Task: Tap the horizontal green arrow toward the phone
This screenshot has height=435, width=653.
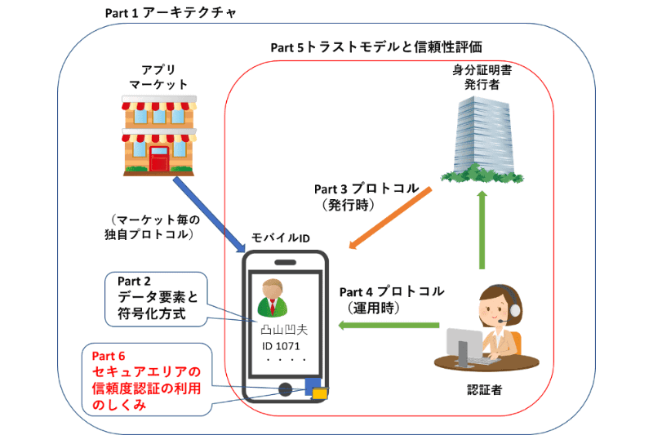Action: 392,326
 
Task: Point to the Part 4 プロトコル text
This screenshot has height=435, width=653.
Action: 392,291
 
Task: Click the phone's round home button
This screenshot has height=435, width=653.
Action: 285,389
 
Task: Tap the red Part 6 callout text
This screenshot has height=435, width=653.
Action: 148,380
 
